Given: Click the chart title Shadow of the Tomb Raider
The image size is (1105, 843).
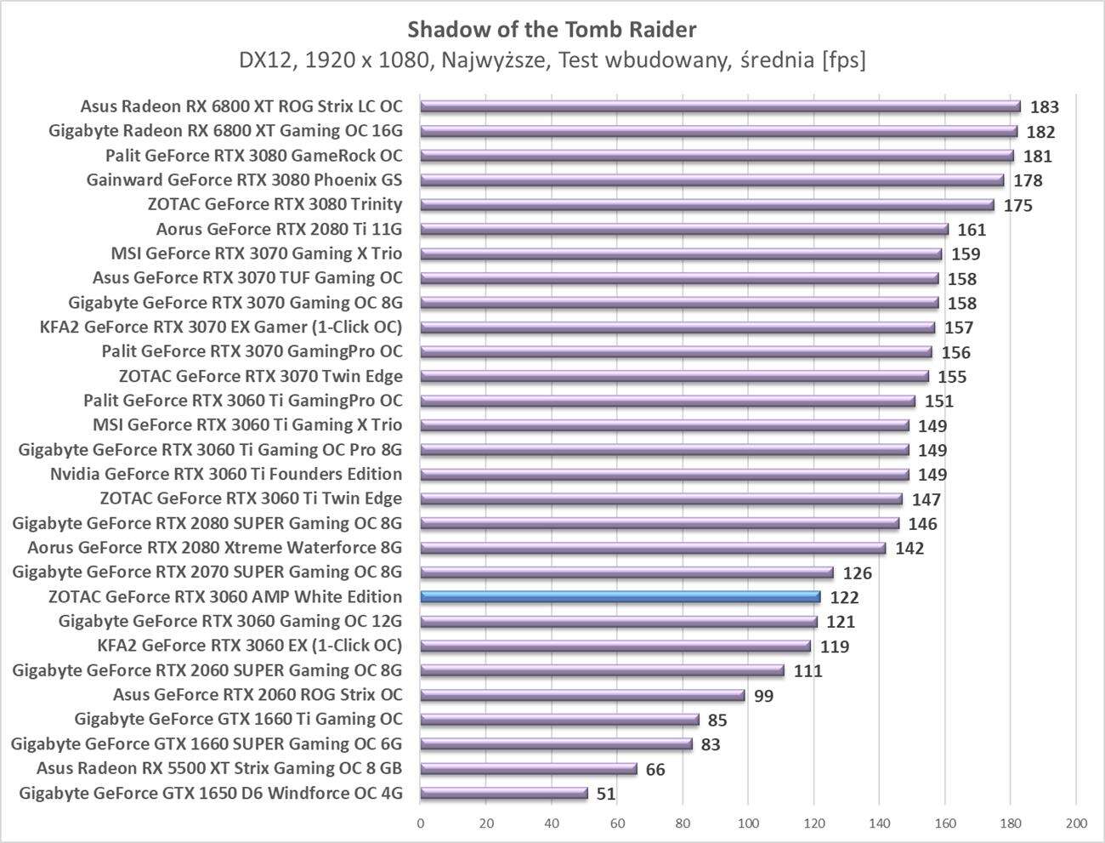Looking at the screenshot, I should coord(552,30).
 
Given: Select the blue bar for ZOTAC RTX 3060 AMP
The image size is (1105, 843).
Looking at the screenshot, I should coord(620,597).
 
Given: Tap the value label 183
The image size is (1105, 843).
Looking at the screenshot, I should coord(1044,107).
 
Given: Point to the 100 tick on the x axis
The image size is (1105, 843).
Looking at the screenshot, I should coord(748,823).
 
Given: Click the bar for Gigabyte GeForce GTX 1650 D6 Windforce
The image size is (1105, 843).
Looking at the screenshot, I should coord(503,794).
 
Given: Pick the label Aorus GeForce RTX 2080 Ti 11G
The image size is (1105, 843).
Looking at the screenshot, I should coord(279,229).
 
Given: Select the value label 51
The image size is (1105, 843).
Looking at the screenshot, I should coord(605,795).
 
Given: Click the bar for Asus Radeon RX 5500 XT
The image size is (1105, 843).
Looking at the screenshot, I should coord(528,769).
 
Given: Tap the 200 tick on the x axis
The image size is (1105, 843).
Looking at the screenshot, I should coord(1075,823).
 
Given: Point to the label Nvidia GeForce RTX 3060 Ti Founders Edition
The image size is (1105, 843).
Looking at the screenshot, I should coord(226,474).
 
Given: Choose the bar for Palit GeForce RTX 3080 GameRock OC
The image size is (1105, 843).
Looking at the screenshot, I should coord(717,156).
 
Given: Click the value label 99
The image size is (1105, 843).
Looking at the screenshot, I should coord(763,696).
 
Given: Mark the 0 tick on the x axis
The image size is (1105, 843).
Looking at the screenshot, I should coord(421,823).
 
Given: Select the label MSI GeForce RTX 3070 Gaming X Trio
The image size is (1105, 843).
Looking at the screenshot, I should coord(257,253).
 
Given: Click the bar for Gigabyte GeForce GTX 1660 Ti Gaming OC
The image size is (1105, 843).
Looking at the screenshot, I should coord(559,720).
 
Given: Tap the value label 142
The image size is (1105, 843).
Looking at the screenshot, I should coord(909,549).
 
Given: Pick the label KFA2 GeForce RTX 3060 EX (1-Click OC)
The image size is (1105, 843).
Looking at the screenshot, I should coord(250,646).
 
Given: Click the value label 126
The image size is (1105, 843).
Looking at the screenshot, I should coord(857,573).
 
